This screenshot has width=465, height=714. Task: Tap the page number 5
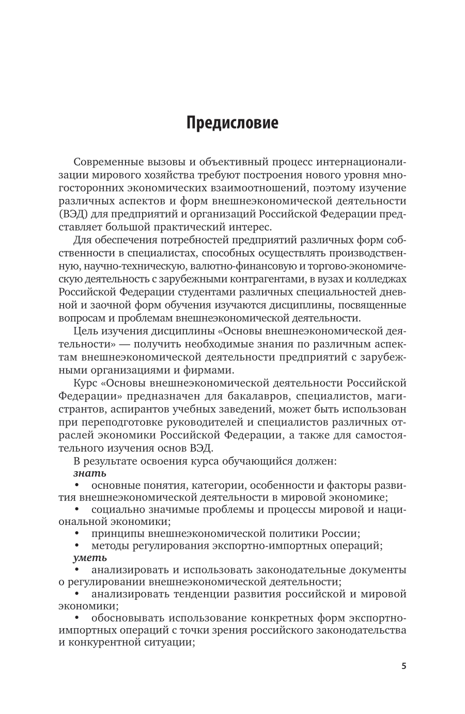[404, 666]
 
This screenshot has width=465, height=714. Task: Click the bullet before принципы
[78, 533]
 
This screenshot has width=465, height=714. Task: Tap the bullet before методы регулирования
[78, 545]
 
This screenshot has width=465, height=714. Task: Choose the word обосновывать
[126, 618]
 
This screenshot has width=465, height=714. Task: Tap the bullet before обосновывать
[78, 618]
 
